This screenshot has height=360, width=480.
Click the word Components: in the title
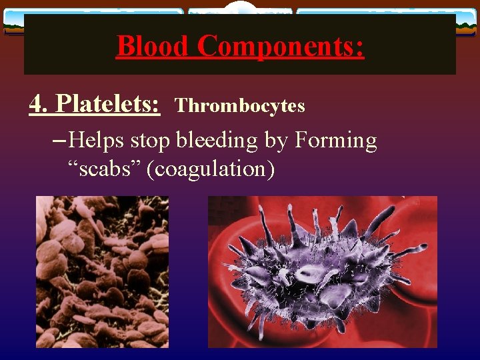[281, 46]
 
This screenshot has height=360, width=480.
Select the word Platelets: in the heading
[108, 103]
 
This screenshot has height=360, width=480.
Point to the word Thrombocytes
[240, 106]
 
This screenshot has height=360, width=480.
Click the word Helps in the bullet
[98, 141]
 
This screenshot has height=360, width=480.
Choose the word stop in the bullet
[151, 141]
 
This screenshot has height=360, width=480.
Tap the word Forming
[335, 141]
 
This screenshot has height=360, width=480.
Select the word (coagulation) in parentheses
[210, 169]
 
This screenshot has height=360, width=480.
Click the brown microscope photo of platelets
[102, 271]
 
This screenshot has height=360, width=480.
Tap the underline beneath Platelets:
[95, 115]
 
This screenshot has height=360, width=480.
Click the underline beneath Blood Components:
[240, 59]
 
